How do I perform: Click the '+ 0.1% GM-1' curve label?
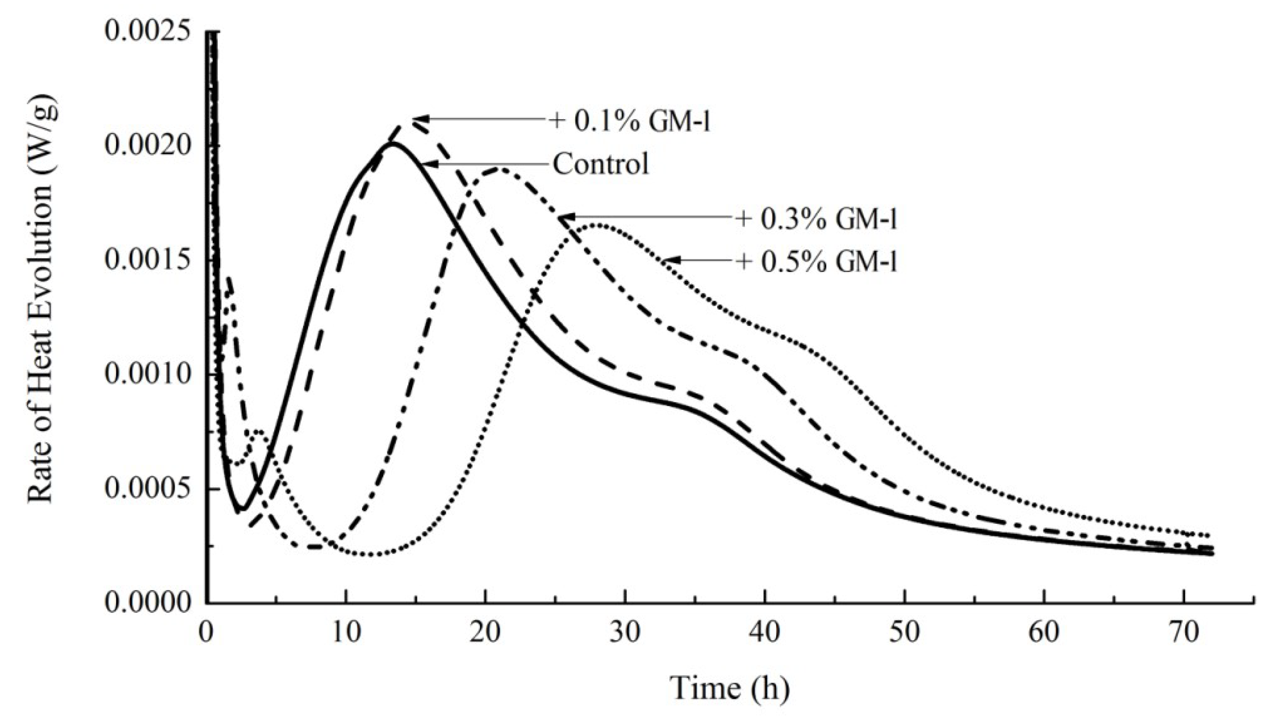[630, 121]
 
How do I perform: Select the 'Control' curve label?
[601, 163]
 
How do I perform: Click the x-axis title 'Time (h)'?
[730, 688]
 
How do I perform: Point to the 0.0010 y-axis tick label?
[147, 375]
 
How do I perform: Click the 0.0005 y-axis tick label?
[147, 489]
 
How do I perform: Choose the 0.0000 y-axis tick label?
[147, 602]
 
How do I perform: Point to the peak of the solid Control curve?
[392, 144]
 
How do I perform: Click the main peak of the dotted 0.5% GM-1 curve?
[598, 226]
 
